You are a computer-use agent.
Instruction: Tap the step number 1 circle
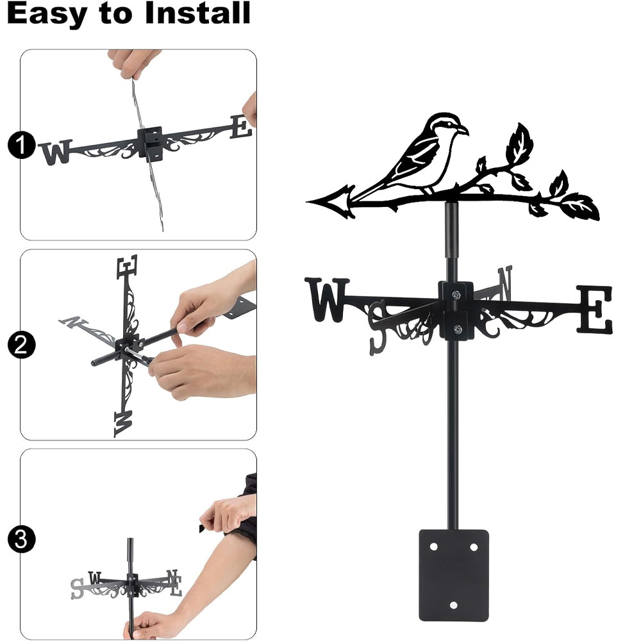21,145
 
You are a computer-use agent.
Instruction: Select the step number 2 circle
21,345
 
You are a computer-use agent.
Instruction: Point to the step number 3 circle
21,539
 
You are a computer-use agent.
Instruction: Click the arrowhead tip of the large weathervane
308,201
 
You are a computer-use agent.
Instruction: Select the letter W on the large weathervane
327,299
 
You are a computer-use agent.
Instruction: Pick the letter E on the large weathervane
595,310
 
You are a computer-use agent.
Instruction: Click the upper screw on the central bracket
456,295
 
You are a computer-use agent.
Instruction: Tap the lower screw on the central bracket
458,329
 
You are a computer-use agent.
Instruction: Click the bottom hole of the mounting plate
453,605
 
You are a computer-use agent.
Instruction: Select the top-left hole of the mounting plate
434,547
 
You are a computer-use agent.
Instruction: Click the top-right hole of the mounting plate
474,547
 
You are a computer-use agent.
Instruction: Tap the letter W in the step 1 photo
56,153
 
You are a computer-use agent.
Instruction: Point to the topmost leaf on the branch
519,143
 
